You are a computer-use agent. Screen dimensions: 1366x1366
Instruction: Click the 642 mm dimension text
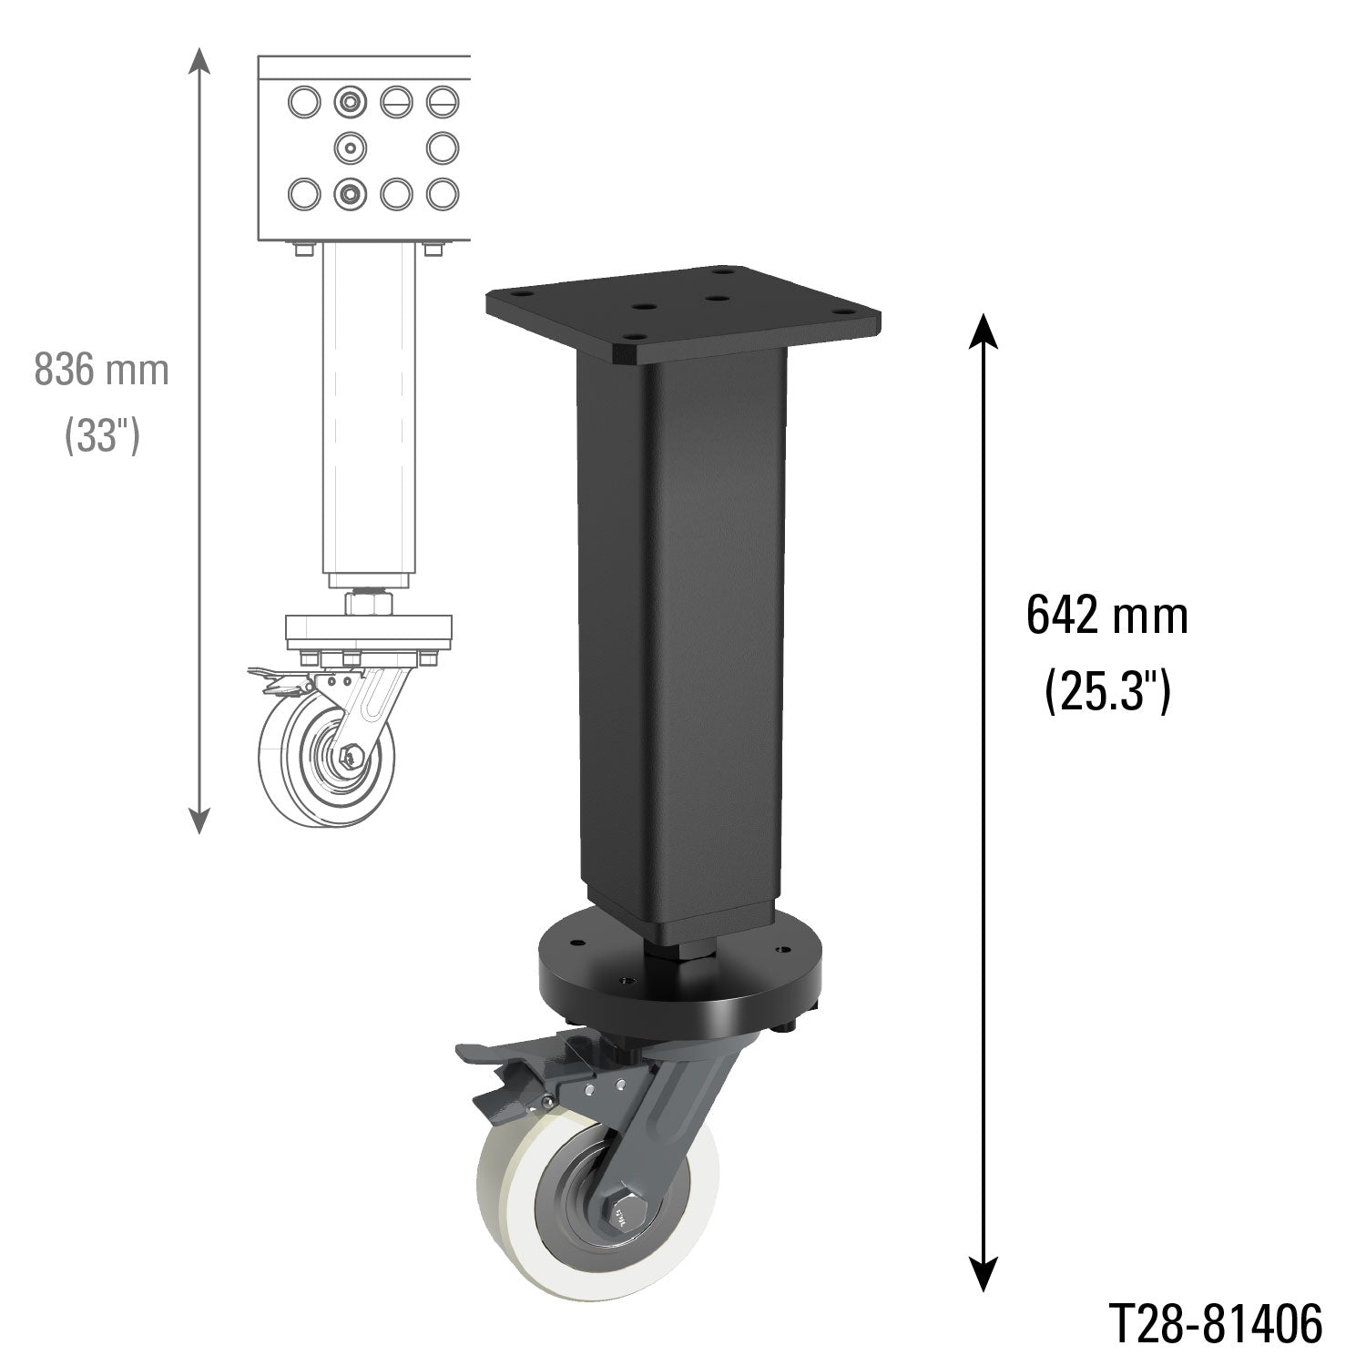click(1106, 617)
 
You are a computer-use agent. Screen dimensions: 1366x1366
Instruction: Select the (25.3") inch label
click(1106, 692)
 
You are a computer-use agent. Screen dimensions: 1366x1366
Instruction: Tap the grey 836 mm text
click(101, 371)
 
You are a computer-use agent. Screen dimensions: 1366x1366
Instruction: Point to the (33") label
click(101, 437)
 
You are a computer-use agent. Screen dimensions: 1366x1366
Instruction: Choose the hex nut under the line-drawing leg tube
click(367, 602)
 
